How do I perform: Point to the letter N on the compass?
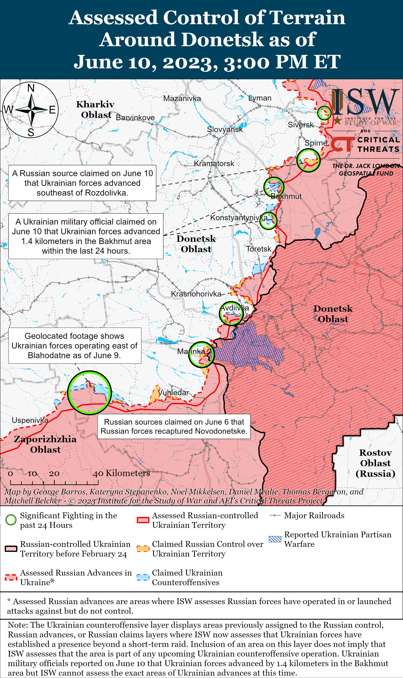tap(31, 88)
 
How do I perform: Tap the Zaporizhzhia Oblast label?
tap(45, 444)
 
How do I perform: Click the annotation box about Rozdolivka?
tap(82, 183)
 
